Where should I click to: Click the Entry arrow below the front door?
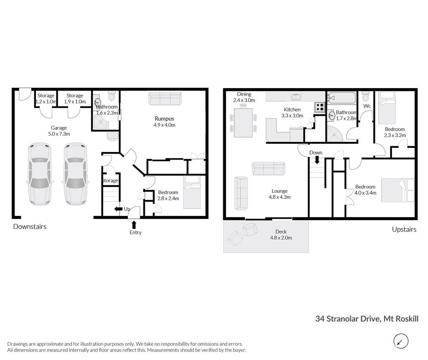(x=134, y=225)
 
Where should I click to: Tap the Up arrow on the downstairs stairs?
(x=118, y=209)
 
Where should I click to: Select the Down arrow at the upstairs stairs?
(x=317, y=160)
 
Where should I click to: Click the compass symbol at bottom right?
(x=401, y=341)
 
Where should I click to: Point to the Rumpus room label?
(x=164, y=119)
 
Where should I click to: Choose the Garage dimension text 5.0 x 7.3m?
(x=59, y=134)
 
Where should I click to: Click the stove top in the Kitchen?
(x=320, y=107)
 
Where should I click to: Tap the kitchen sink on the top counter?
(x=296, y=96)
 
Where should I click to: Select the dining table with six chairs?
(x=243, y=123)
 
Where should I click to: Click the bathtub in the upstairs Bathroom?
(x=341, y=98)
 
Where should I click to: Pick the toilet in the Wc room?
(x=366, y=96)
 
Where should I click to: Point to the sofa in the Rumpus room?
(x=165, y=98)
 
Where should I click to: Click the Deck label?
(x=281, y=231)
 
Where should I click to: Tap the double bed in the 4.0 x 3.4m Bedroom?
(x=398, y=190)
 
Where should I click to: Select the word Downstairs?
(x=30, y=226)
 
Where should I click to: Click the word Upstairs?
(x=404, y=229)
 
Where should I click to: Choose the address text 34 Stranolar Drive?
(x=348, y=319)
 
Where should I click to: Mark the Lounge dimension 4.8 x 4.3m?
(x=280, y=197)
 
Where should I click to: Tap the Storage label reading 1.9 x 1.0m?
(x=75, y=101)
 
